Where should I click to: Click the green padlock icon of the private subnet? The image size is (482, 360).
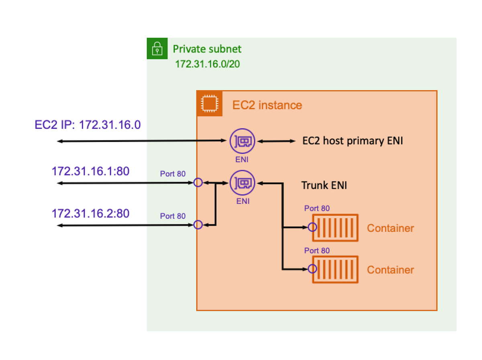pos(157,49)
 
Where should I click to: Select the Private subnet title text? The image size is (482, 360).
pos(207,49)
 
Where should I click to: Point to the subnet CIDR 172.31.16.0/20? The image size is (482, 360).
pos(207,64)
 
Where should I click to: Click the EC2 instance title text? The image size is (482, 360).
pos(267,105)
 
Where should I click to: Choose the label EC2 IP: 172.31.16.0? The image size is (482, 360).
pos(88,125)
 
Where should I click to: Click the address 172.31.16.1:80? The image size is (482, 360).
pos(90,171)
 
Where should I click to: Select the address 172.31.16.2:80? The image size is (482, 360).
pos(90,213)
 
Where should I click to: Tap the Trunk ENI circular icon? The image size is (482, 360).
pos(243,183)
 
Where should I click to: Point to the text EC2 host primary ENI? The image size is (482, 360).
pos(352,141)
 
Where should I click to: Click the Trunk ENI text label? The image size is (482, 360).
pos(324,185)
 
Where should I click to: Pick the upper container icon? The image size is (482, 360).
pos(335,228)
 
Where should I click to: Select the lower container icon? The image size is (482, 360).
pos(335,269)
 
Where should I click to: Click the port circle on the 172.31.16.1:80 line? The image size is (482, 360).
pos(198,183)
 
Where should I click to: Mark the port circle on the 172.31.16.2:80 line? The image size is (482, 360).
pos(198,225)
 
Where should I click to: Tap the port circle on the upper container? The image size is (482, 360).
pos(312,228)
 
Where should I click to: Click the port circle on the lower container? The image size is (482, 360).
pos(312,269)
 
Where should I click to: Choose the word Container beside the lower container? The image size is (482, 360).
pos(390,270)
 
